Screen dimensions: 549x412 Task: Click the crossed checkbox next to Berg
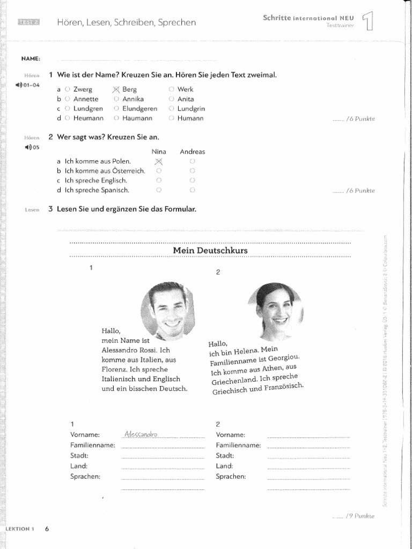[116, 90]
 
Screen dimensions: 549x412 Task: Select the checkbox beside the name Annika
[116, 99]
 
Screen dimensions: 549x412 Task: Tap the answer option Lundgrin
[171, 108]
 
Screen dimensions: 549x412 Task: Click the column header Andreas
[192, 152]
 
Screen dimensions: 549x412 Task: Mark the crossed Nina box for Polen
[158, 161]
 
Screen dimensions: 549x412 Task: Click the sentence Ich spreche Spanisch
[97, 190]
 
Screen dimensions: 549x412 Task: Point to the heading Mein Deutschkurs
[210, 250]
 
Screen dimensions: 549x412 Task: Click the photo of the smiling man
[168, 310]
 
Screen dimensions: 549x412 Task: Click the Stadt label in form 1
[79, 455]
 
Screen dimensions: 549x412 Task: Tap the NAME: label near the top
[31, 58]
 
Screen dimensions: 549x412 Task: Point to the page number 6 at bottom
[47, 529]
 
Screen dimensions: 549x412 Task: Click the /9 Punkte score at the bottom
[354, 516]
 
